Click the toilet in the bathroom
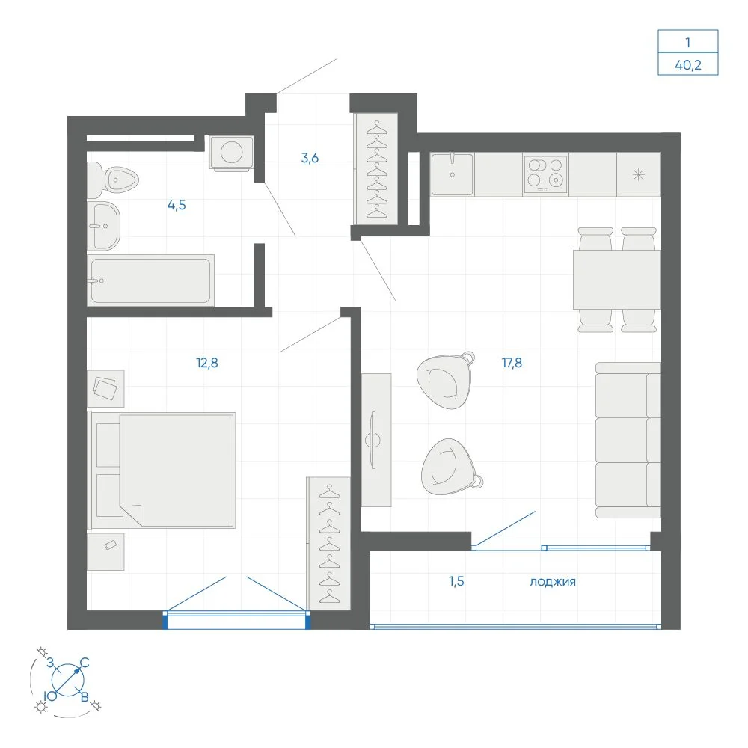click(113, 180)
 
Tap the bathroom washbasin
click(103, 226)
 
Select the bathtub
click(151, 280)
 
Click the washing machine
click(231, 153)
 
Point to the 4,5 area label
click(177, 205)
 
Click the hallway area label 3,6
click(310, 157)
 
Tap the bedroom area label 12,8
click(207, 363)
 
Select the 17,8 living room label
click(512, 363)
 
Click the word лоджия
click(553, 581)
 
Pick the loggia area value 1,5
click(456, 581)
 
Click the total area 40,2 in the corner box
click(688, 64)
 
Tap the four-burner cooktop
click(545, 174)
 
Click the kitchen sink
click(453, 174)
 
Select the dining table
click(617, 280)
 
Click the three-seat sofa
click(628, 440)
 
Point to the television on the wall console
click(373, 440)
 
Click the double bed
click(163, 470)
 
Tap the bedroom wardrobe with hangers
click(329, 543)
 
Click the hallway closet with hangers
click(376, 169)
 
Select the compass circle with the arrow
click(68, 679)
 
